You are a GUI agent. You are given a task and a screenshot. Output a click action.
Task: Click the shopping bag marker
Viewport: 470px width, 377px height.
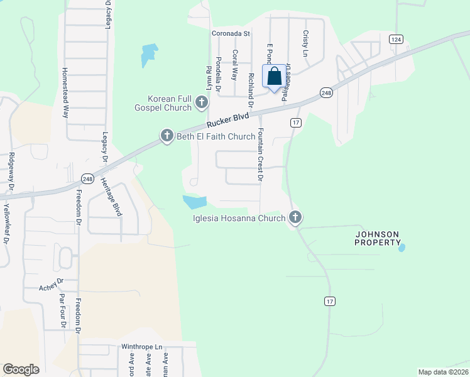(x=275, y=77)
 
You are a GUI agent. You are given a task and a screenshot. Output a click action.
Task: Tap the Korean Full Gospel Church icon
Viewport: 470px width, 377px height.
(x=201, y=102)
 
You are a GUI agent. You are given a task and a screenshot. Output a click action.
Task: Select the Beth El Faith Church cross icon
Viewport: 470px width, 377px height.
(x=167, y=136)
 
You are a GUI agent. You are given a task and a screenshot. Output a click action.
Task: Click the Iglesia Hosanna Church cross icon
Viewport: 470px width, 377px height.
(x=295, y=218)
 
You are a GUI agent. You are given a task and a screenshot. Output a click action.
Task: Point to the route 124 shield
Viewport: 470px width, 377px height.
(x=395, y=39)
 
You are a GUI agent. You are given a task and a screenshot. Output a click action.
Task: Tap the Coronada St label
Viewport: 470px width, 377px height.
(x=231, y=33)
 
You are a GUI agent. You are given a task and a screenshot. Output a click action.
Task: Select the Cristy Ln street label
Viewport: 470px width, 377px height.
(x=305, y=45)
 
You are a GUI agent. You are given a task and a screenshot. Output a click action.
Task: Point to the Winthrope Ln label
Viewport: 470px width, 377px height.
(x=142, y=346)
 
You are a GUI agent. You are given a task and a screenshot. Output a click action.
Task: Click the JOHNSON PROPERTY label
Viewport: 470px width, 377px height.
(x=377, y=238)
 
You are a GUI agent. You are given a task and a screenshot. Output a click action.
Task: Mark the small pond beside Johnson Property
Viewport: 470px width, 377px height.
(x=402, y=248)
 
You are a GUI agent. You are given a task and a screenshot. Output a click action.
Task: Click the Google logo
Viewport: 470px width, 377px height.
(x=21, y=369)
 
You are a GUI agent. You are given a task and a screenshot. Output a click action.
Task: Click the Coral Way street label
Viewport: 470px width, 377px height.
(x=235, y=65)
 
